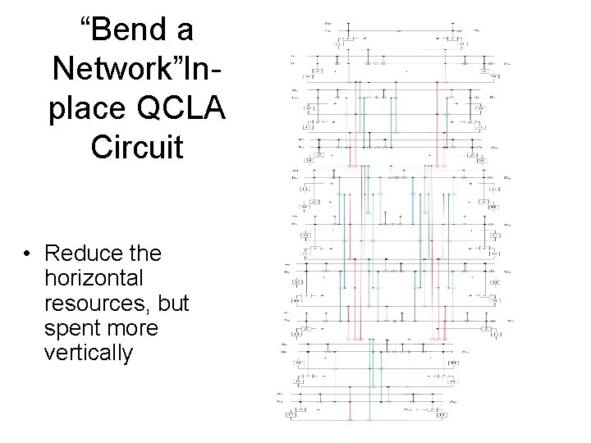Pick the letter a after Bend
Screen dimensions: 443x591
click(183, 31)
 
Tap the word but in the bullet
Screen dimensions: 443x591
click(176, 303)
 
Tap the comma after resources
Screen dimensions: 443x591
click(153, 308)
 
